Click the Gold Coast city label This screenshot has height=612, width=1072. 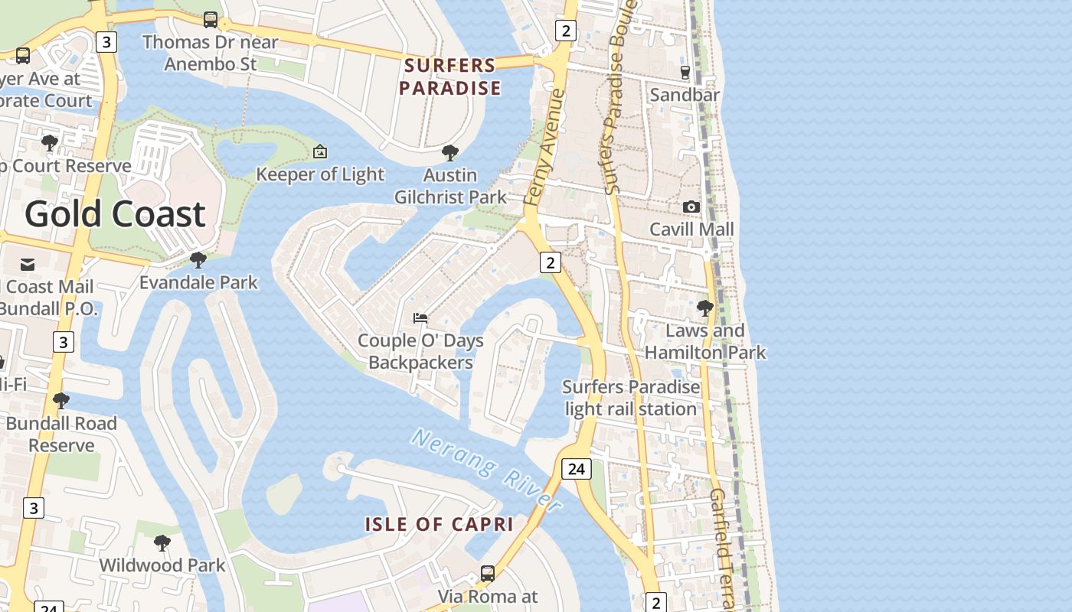point(115,213)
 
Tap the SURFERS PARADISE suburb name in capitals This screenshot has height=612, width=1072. point(450,76)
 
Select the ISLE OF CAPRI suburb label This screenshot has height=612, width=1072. point(439,524)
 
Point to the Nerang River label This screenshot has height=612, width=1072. point(487,469)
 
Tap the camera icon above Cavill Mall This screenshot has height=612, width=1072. point(691,207)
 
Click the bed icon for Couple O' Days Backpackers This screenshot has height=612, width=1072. point(420,317)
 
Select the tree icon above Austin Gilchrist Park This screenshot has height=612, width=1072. point(450,152)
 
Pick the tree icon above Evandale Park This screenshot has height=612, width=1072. point(198,260)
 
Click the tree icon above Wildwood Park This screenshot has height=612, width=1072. point(162,542)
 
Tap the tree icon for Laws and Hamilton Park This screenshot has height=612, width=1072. point(704,308)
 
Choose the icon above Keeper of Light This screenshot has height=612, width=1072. point(320,151)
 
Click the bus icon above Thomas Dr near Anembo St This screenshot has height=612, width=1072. point(211,19)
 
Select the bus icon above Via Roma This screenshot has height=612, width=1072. point(488,573)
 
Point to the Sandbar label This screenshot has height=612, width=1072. point(685,94)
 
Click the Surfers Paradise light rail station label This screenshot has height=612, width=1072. point(631,398)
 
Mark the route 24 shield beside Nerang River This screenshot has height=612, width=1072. point(577,468)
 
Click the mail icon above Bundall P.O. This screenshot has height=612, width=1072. point(28,265)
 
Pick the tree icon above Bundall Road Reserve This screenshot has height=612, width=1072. point(61,400)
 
